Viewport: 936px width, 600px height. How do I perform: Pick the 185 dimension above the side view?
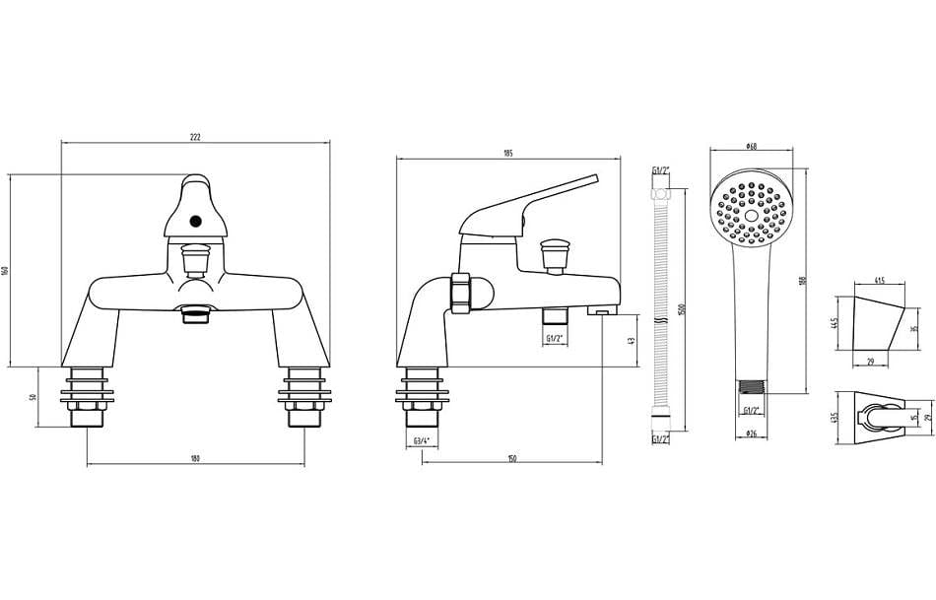pos(508,153)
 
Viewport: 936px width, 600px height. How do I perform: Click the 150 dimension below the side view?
pos(512,458)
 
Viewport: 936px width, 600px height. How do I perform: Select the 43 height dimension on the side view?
pos(631,340)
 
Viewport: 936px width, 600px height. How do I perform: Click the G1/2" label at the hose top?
pos(660,171)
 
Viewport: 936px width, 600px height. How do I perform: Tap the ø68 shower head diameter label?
pos(751,147)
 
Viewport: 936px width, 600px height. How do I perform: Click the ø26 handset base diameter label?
pos(751,433)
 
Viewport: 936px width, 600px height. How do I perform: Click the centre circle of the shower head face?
pos(751,214)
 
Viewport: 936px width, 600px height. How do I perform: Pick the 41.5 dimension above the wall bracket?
pos(879,281)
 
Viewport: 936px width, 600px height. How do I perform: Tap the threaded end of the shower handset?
pos(751,390)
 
